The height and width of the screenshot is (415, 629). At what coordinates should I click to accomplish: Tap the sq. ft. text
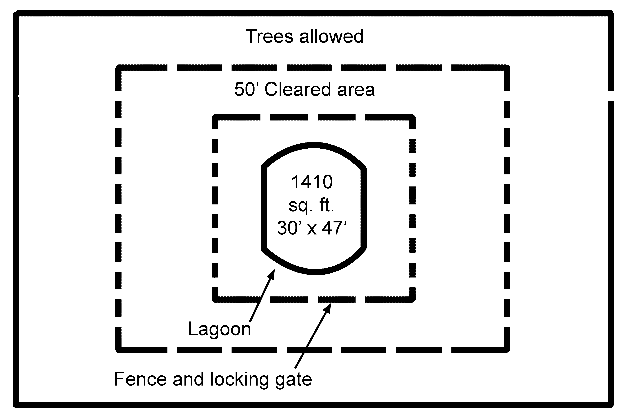tap(311, 205)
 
